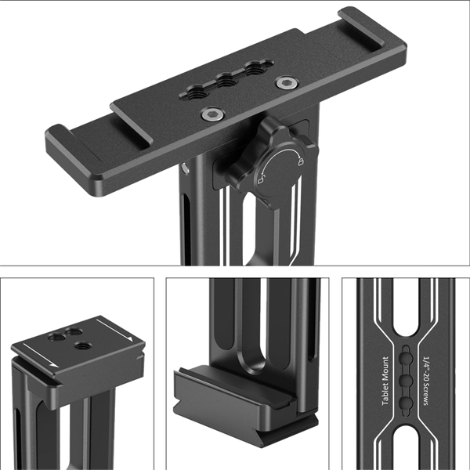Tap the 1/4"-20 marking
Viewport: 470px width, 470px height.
[x=427, y=363]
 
